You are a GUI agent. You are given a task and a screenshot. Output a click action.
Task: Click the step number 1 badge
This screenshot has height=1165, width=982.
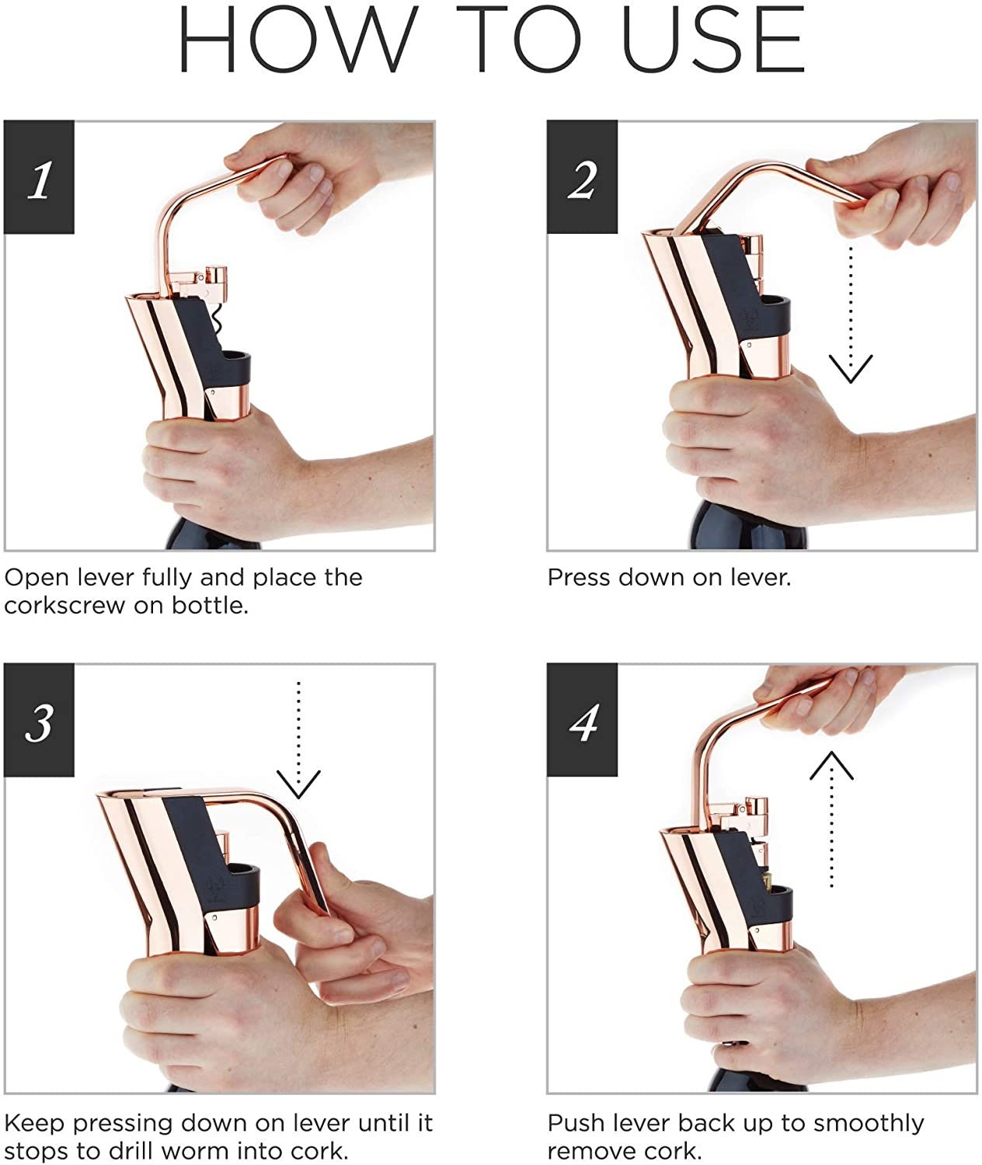[x=39, y=177]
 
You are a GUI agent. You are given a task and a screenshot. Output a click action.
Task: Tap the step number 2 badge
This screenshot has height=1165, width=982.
[x=582, y=177]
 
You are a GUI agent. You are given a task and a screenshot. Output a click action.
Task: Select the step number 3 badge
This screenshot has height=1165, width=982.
[x=39, y=720]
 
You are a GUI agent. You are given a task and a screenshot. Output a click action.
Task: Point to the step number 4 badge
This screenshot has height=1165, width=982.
[x=582, y=720]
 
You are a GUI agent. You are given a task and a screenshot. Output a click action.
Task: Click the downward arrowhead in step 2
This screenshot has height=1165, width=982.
[x=850, y=369]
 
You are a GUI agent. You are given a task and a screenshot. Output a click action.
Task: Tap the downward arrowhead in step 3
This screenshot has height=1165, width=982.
[x=298, y=784]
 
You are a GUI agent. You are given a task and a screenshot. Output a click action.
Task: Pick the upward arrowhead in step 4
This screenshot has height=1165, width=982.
[x=832, y=766]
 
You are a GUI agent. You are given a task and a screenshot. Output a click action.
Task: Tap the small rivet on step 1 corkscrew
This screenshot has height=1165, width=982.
[x=214, y=393]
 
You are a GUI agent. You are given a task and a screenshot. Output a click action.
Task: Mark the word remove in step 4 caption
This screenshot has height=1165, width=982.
[x=588, y=1152]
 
